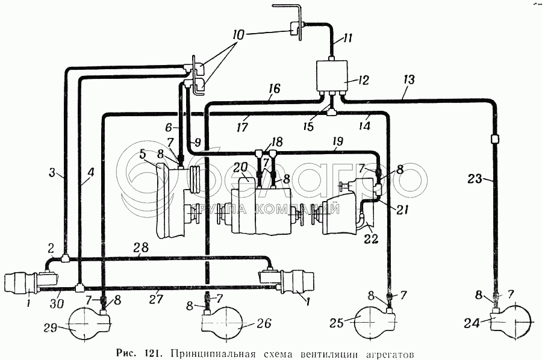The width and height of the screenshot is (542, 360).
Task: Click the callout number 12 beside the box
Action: coord(363,80)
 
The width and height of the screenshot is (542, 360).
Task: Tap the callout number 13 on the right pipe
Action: coord(408,80)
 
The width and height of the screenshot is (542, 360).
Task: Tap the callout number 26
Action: coord(264,323)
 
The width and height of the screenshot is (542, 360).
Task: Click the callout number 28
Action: coord(142,247)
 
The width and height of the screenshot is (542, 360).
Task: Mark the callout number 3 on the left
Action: coord(52,172)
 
